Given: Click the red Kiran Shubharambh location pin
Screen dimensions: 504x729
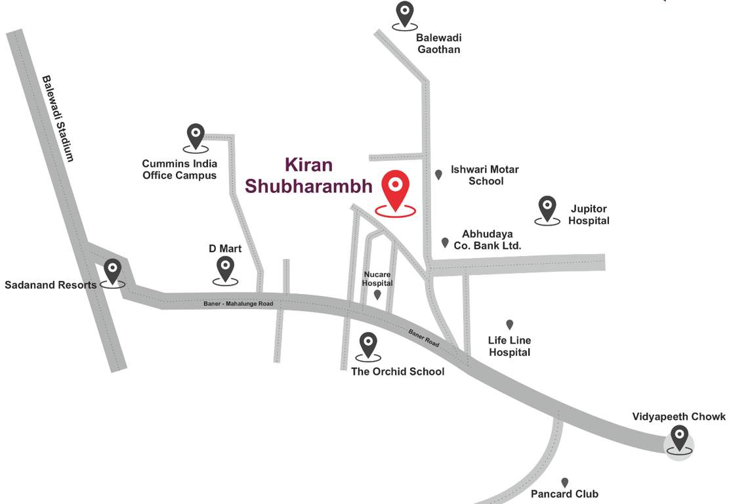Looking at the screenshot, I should [396, 188].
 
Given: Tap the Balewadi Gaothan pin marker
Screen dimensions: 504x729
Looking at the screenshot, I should [405, 13].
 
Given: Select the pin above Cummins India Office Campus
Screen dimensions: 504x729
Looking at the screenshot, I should [196, 136].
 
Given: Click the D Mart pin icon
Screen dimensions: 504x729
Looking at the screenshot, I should [225, 268].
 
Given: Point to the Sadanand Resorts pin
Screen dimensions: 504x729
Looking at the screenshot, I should [114, 270].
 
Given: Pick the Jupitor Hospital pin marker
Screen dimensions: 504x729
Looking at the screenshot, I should [547, 208].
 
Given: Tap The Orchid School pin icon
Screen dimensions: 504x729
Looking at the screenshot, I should [368, 344].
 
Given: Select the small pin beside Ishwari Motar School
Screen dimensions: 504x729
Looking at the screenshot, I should [438, 175].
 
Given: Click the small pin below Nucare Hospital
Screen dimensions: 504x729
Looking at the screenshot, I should [377, 295].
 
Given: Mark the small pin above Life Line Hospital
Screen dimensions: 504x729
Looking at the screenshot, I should [509, 324].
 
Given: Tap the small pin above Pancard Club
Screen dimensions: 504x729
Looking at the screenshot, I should [564, 482].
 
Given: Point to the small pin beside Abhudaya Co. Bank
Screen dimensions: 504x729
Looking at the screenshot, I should [445, 243].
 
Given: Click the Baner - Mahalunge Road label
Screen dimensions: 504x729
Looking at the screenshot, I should [238, 303].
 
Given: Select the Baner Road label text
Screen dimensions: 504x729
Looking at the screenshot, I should [424, 338].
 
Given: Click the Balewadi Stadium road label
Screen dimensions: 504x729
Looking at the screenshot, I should [58, 119].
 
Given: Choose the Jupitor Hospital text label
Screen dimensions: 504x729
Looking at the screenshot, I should [589, 215].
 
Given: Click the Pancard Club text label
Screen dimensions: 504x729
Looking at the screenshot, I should [565, 494].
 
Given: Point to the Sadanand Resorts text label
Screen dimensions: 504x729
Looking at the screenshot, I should [51, 285].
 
